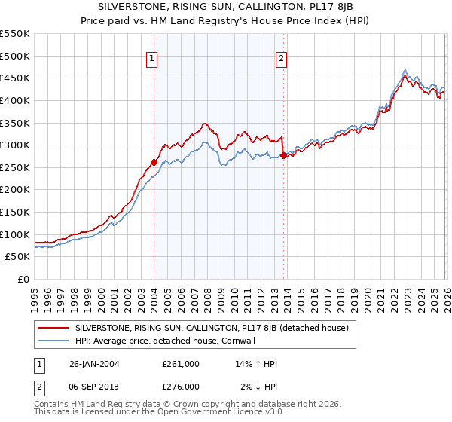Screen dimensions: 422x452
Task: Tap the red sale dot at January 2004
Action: [154, 162]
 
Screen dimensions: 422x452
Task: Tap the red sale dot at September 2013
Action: [283, 155]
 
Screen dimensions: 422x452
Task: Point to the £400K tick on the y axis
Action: [15, 100]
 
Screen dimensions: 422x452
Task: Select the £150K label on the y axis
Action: [15, 213]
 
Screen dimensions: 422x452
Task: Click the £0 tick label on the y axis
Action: [22, 280]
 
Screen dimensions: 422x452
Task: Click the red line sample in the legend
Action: [53, 329]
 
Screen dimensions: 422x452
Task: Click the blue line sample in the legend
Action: [53, 341]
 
